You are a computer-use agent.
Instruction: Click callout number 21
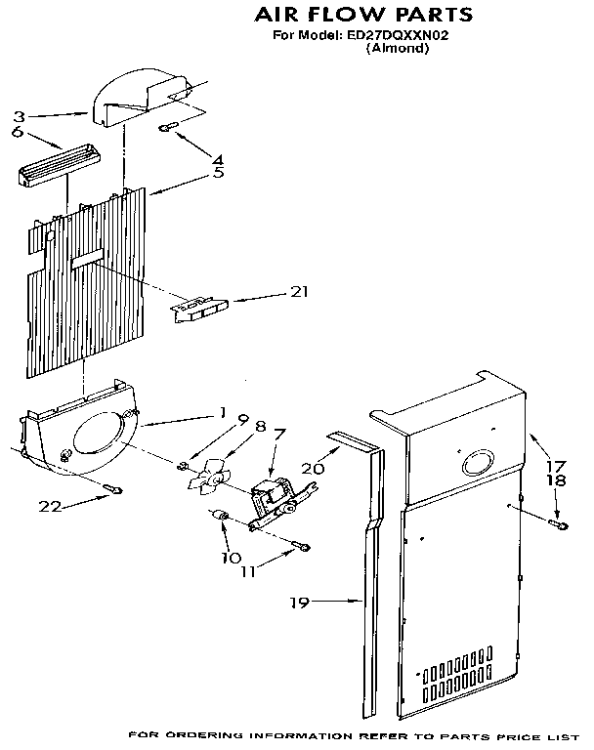point(300,290)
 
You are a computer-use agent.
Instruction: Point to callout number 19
point(299,603)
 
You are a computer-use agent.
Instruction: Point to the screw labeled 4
point(169,126)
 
